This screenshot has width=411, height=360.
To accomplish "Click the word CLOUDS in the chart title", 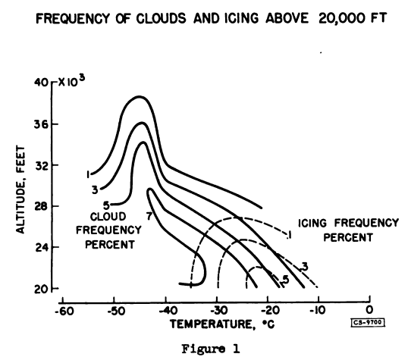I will tap(151, 21).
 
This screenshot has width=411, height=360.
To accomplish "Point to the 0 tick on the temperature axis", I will tap(369, 309).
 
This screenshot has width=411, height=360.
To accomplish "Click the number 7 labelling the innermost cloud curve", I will tap(149, 217).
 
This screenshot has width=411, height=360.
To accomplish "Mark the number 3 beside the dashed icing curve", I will tap(304, 265).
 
